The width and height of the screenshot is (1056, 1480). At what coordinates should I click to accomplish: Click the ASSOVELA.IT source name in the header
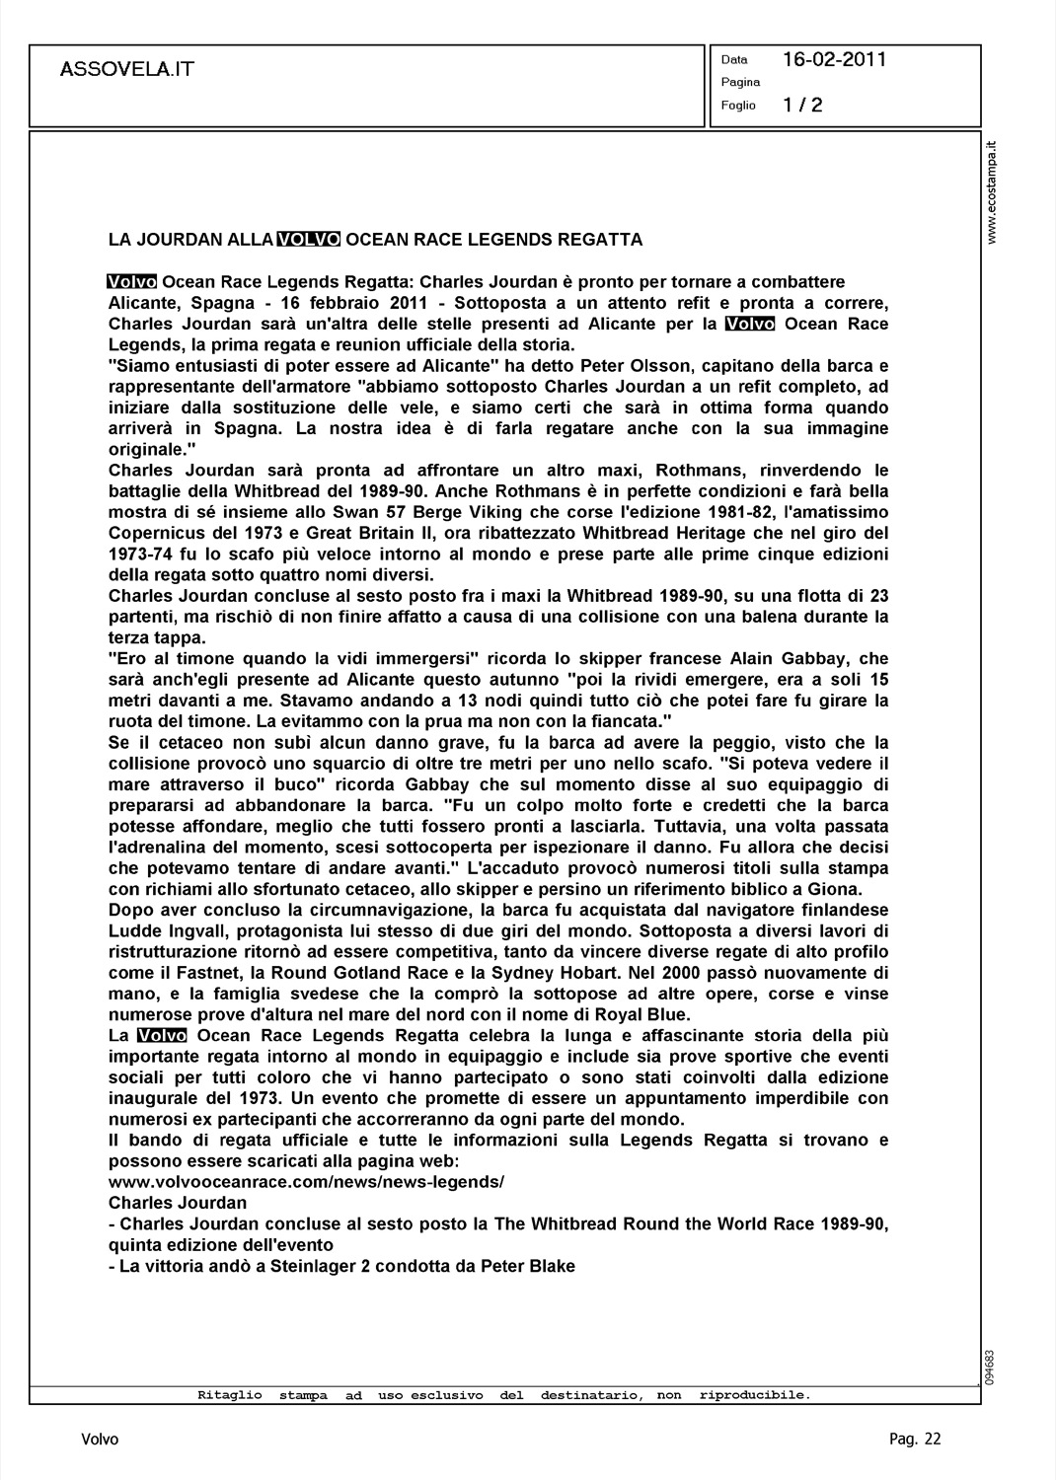pyautogui.click(x=127, y=69)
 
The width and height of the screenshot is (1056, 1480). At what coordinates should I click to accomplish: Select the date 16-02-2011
pyautogui.click(x=834, y=59)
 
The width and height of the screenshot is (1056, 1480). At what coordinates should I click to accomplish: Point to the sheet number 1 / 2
pyautogui.click(x=802, y=105)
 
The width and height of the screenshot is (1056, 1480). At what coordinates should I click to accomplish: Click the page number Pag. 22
pyautogui.click(x=915, y=1440)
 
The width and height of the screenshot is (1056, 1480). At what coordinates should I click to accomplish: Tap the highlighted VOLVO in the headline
pyautogui.click(x=309, y=240)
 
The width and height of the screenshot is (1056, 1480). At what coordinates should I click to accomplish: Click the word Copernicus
pyautogui.click(x=154, y=533)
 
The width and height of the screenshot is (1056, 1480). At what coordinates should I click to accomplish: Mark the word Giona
pyautogui.click(x=836, y=889)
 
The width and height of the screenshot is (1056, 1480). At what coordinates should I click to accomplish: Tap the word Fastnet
pyautogui.click(x=202, y=973)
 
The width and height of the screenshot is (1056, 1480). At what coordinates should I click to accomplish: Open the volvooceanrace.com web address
pyautogui.click(x=306, y=1182)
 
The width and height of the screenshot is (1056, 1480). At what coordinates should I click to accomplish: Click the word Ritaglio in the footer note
pyautogui.click(x=230, y=1395)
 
